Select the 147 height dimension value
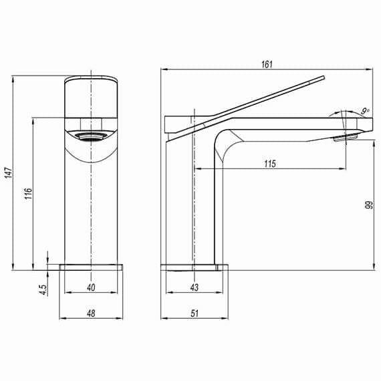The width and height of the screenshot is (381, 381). (x=7, y=173)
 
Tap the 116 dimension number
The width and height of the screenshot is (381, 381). (x=27, y=195)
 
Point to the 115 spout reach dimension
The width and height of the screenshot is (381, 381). (x=270, y=164)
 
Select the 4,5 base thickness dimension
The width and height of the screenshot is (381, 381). (x=42, y=289)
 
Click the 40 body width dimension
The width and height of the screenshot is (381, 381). (x=91, y=287)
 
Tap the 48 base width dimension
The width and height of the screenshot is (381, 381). (x=91, y=312)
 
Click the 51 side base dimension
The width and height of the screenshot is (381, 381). (x=195, y=312)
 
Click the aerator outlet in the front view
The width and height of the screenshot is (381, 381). (x=91, y=137)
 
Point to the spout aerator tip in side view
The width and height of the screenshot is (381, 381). (x=346, y=138)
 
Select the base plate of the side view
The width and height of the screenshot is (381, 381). (x=195, y=267)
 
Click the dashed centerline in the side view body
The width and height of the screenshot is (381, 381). (x=193, y=201)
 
